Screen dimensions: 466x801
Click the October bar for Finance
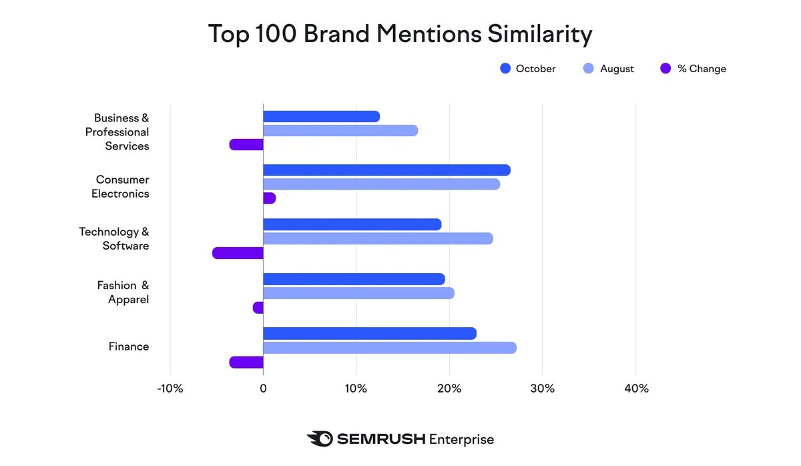click(x=370, y=334)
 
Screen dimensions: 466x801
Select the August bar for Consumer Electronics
click(x=381, y=184)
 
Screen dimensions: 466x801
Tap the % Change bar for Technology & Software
click(x=238, y=253)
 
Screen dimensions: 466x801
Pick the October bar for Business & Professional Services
click(x=321, y=117)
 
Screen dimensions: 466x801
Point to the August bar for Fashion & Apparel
click(x=358, y=293)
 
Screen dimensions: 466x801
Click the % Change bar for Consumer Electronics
click(x=269, y=198)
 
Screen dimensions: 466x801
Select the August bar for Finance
click(x=389, y=348)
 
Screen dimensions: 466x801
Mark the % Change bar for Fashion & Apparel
click(x=258, y=308)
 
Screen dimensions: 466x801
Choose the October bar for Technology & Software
click(x=352, y=224)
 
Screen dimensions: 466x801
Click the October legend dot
click(x=505, y=69)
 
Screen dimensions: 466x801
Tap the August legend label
click(x=617, y=69)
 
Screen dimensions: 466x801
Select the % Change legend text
click(x=702, y=69)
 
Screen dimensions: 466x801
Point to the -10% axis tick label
click(x=170, y=389)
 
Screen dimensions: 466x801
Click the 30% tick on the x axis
click(x=542, y=389)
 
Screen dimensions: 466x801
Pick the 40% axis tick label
click(x=635, y=389)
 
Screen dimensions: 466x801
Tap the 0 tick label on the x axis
click(x=263, y=389)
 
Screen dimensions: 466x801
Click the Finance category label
click(x=129, y=346)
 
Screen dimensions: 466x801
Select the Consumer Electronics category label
click(x=121, y=187)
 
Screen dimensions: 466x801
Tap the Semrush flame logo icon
click(x=320, y=439)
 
